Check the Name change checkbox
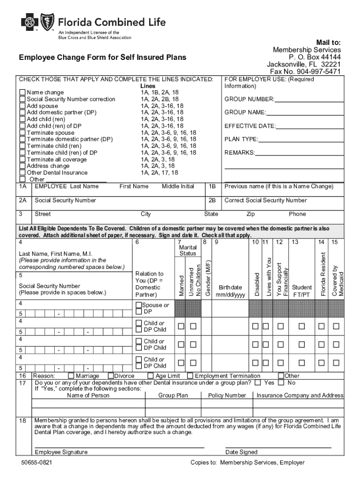click(x=22, y=93)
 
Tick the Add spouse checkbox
click(x=22, y=106)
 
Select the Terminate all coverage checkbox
click(x=22, y=160)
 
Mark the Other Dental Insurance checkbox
click(x=22, y=173)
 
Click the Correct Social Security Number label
click(x=266, y=200)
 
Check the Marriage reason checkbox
click(x=71, y=376)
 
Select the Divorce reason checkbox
click(x=111, y=376)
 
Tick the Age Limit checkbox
click(x=151, y=376)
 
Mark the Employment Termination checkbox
click(x=190, y=376)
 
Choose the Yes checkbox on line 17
click(x=258, y=382)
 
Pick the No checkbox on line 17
click(x=281, y=382)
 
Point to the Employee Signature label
click(x=61, y=452)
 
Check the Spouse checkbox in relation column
click(x=138, y=305)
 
